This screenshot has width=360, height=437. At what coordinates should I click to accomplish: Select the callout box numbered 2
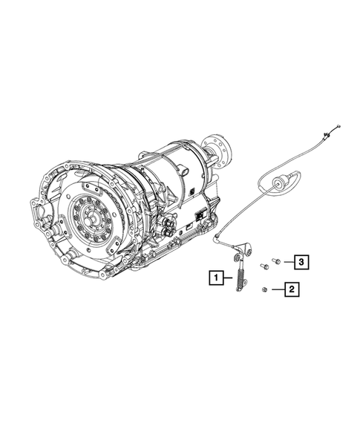(x=292, y=290)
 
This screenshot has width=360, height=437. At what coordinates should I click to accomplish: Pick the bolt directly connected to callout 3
(x=276, y=261)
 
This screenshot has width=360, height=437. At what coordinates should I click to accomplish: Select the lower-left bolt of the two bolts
(x=264, y=266)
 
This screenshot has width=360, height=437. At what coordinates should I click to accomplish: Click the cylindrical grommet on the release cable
(x=282, y=182)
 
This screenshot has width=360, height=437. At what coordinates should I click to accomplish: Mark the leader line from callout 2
(x=277, y=290)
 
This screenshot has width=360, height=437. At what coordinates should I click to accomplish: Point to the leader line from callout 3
(x=287, y=261)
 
